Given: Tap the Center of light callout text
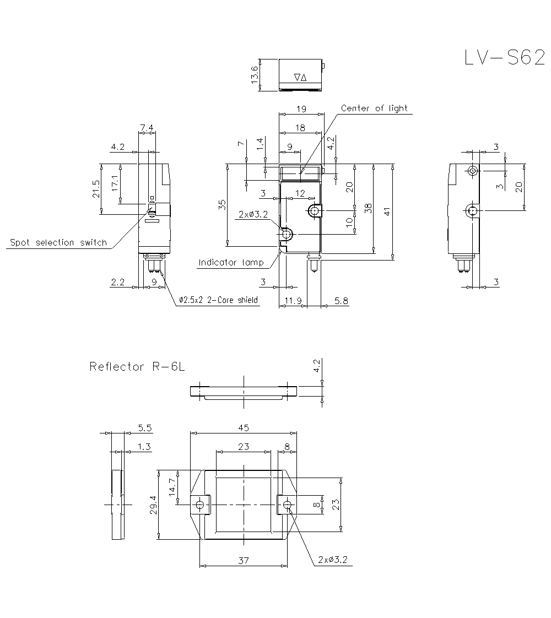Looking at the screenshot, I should coord(374,109).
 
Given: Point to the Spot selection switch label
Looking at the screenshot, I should coord(58,243).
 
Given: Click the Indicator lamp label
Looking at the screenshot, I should coord(231,263).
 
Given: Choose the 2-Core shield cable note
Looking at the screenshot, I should coord(219,300).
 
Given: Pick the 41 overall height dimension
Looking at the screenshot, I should coord(387,211).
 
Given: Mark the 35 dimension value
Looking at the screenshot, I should coord(222,205).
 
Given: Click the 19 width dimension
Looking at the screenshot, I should coord(300,109).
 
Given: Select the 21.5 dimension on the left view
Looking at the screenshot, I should coord(96,189).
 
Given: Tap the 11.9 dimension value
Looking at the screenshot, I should coord(292,300).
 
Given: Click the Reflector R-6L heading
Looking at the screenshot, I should coord(136,367).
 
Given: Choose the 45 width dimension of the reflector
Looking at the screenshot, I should coord(244,427).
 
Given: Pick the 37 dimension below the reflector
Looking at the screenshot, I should coord(244,560).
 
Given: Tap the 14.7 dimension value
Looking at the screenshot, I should coord(172,487).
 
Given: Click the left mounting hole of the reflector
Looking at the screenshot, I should coord(200,503).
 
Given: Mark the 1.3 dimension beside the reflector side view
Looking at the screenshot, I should coord(144,447).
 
